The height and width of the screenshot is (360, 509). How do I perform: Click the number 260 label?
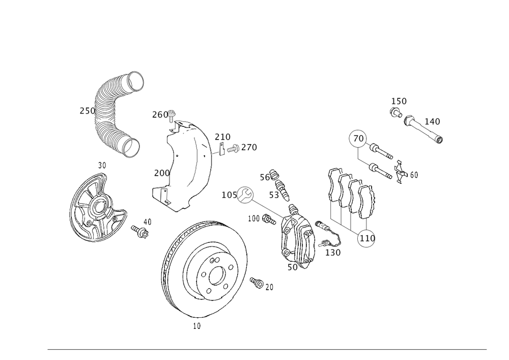click(x=160, y=115)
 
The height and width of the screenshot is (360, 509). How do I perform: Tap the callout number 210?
click(x=222, y=136)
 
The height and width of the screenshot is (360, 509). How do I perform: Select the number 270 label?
click(x=249, y=148)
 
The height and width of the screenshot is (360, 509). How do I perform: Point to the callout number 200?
click(x=161, y=173)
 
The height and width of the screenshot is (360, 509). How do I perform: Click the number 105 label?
click(x=229, y=195)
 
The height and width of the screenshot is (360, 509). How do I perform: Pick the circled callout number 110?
click(x=367, y=238)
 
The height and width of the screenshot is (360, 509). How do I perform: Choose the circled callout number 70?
click(x=359, y=138)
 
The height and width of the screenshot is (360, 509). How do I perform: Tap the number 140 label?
click(x=432, y=122)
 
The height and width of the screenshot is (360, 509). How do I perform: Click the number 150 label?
click(x=399, y=101)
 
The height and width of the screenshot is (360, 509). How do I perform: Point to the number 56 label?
click(x=266, y=177)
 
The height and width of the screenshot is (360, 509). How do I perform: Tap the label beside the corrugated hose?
click(x=87, y=110)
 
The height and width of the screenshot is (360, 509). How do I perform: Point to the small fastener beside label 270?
click(x=235, y=150)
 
